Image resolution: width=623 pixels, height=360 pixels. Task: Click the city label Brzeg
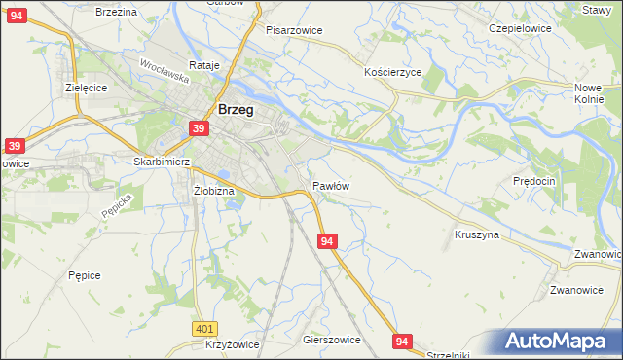[237, 110]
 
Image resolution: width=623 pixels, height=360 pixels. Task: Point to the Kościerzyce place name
[392, 73]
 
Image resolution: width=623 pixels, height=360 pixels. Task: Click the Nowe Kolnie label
[590, 92]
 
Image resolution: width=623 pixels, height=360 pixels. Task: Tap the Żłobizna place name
[214, 191]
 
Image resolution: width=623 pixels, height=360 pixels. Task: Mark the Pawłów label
[331, 185]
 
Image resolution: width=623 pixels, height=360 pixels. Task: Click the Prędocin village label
[533, 181]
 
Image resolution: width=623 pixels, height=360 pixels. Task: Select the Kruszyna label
[477, 234]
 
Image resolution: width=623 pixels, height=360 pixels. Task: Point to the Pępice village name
[85, 275]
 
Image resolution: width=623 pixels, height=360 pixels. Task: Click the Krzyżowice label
[233, 345]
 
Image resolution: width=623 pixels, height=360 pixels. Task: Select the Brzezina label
[117, 11]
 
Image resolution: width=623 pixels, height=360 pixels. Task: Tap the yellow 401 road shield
[203, 330]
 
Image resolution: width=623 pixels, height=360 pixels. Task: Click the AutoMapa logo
[558, 342]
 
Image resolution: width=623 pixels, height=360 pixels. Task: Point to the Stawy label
[596, 9]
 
